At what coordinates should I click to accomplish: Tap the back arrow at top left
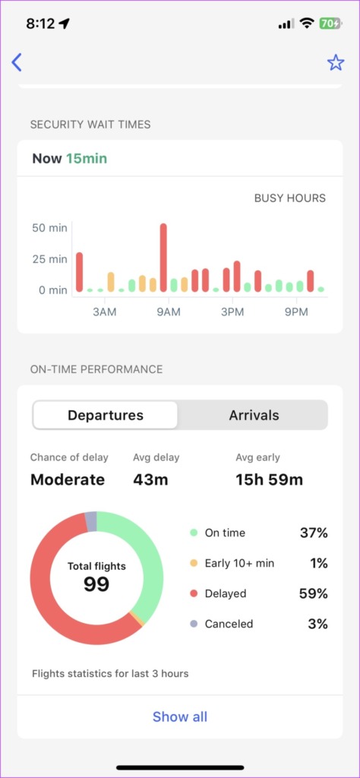pos(17,62)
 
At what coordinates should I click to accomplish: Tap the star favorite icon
pos(336,62)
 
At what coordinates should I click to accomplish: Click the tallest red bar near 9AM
pos(163,258)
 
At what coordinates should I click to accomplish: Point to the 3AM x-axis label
pos(104,312)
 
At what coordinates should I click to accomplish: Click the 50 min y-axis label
pos(49,227)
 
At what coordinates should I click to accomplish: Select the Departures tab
pos(106,416)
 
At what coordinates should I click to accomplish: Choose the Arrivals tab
pos(254,416)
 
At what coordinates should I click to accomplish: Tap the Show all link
pos(180,716)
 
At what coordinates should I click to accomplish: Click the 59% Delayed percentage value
pos(313,593)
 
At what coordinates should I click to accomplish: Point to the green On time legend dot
pos(194,533)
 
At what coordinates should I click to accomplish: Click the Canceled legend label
pos(229,624)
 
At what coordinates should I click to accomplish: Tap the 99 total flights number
pos(96,584)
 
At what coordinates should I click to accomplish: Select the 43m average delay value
pos(150,479)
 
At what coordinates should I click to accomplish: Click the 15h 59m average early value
pos(269,479)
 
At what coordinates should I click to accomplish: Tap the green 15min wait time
pos(87,159)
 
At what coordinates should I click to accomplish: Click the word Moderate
pos(68,479)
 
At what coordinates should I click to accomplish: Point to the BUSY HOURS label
pos(289,198)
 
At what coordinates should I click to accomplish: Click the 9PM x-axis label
pos(296,312)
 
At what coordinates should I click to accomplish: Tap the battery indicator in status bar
pos(330,24)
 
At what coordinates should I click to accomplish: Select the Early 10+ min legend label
pos(239,563)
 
